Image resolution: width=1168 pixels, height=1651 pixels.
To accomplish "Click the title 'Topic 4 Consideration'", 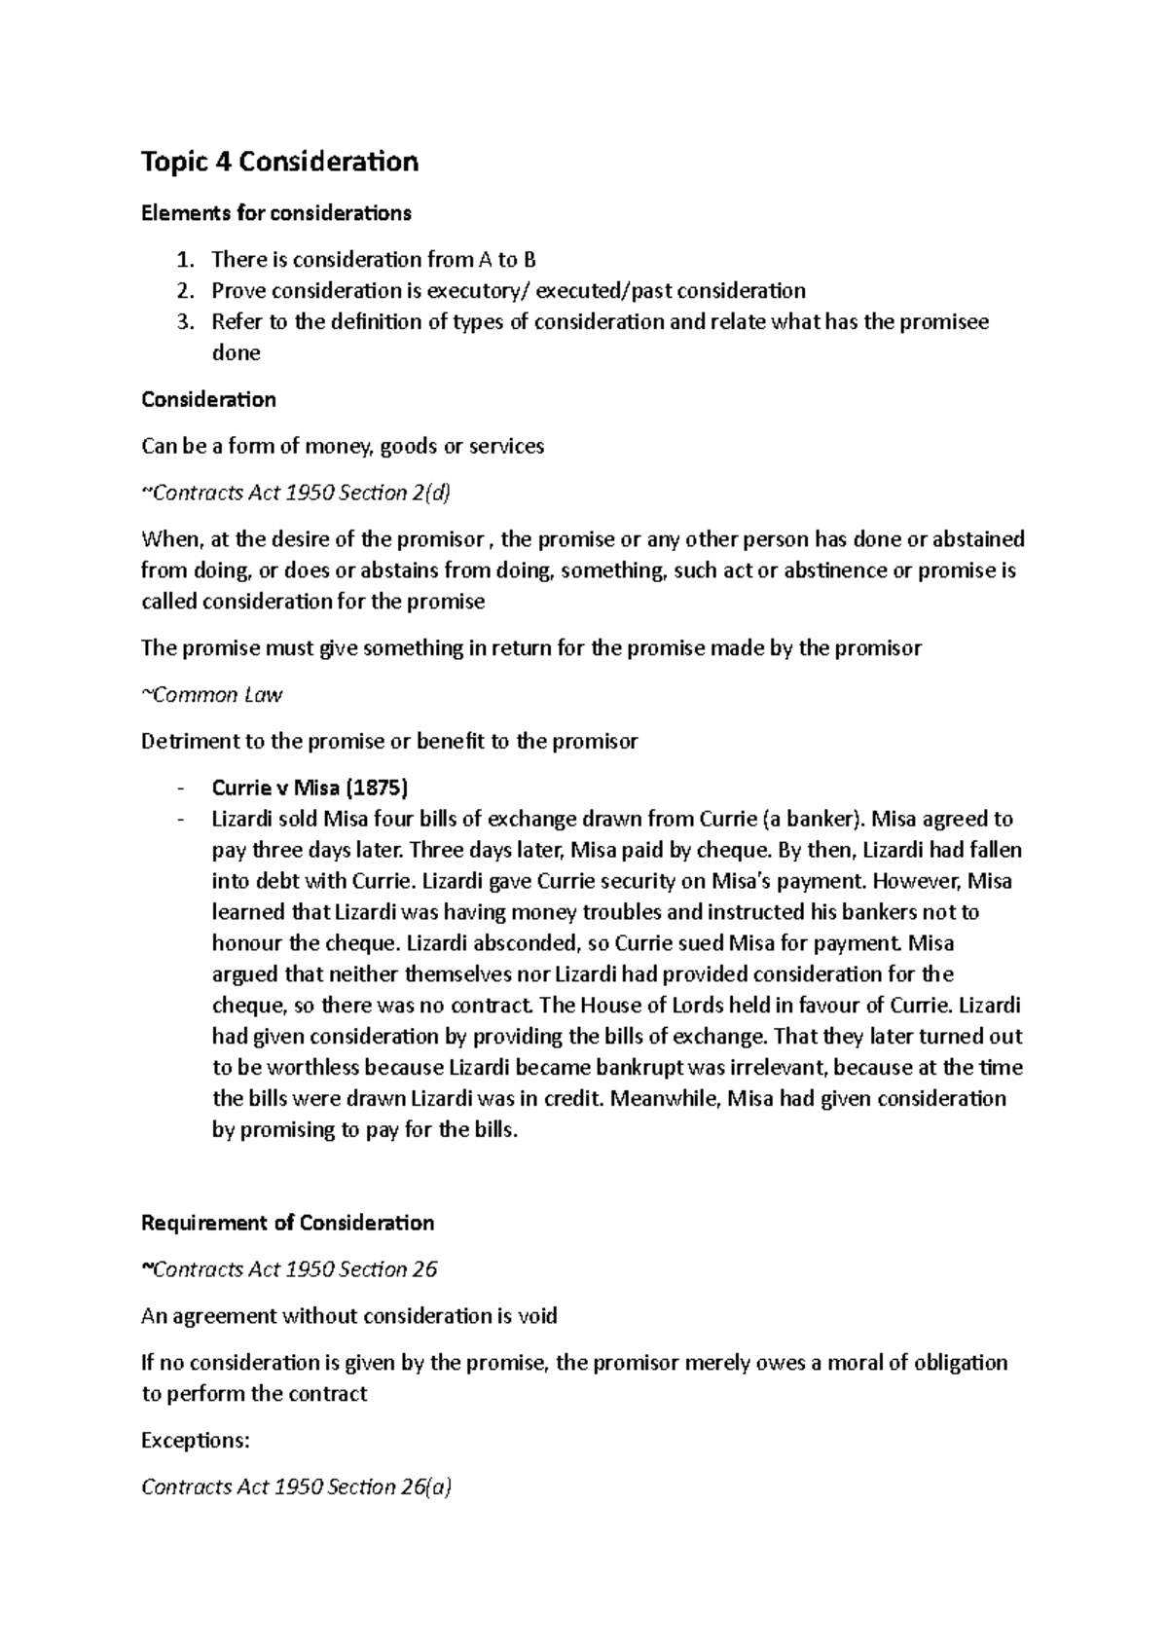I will pyautogui.click(x=279, y=162).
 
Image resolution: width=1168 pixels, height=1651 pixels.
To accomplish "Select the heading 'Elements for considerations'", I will pyautogui.click(x=276, y=212).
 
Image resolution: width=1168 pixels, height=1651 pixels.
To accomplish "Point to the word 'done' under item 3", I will pyautogui.click(x=236, y=353).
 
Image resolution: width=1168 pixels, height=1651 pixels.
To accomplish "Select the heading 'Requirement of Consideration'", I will pyautogui.click(x=287, y=1223).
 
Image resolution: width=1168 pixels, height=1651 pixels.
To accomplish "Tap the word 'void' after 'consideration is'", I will pyautogui.click(x=537, y=1316).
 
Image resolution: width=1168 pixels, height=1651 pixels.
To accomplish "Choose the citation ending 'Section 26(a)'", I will pyautogui.click(x=297, y=1487).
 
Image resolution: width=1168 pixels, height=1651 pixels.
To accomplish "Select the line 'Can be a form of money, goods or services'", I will pyautogui.click(x=343, y=447).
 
